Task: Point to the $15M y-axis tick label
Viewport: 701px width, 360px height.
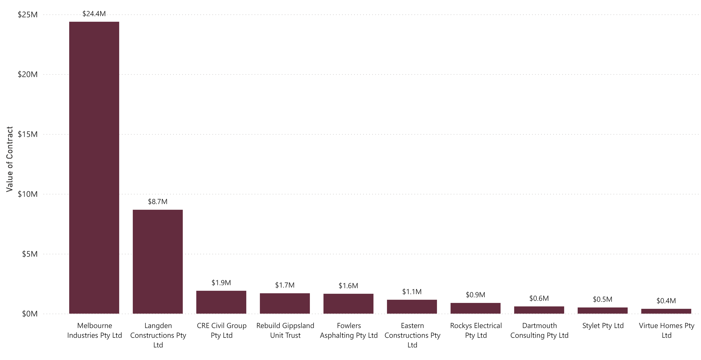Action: (28, 134)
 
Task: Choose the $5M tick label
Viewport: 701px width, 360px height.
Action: (30, 254)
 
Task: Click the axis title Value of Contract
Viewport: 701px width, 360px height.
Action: (10, 159)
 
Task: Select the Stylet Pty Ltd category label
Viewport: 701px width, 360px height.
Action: (603, 326)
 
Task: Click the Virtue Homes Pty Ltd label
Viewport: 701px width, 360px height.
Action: (666, 330)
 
